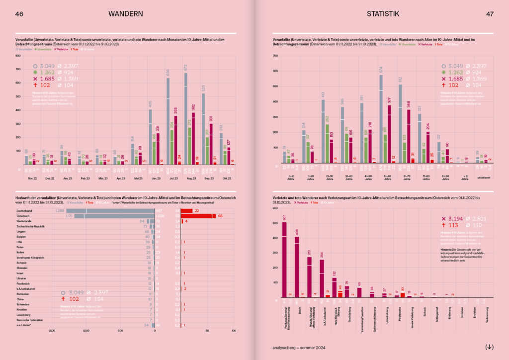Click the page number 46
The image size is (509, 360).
pyautogui.click(x=19, y=14)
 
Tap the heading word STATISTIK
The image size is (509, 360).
pyautogui.click(x=383, y=14)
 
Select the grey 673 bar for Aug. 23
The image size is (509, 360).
pyautogui.click(x=185, y=119)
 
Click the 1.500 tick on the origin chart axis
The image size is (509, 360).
pyautogui.click(x=52, y=330)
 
